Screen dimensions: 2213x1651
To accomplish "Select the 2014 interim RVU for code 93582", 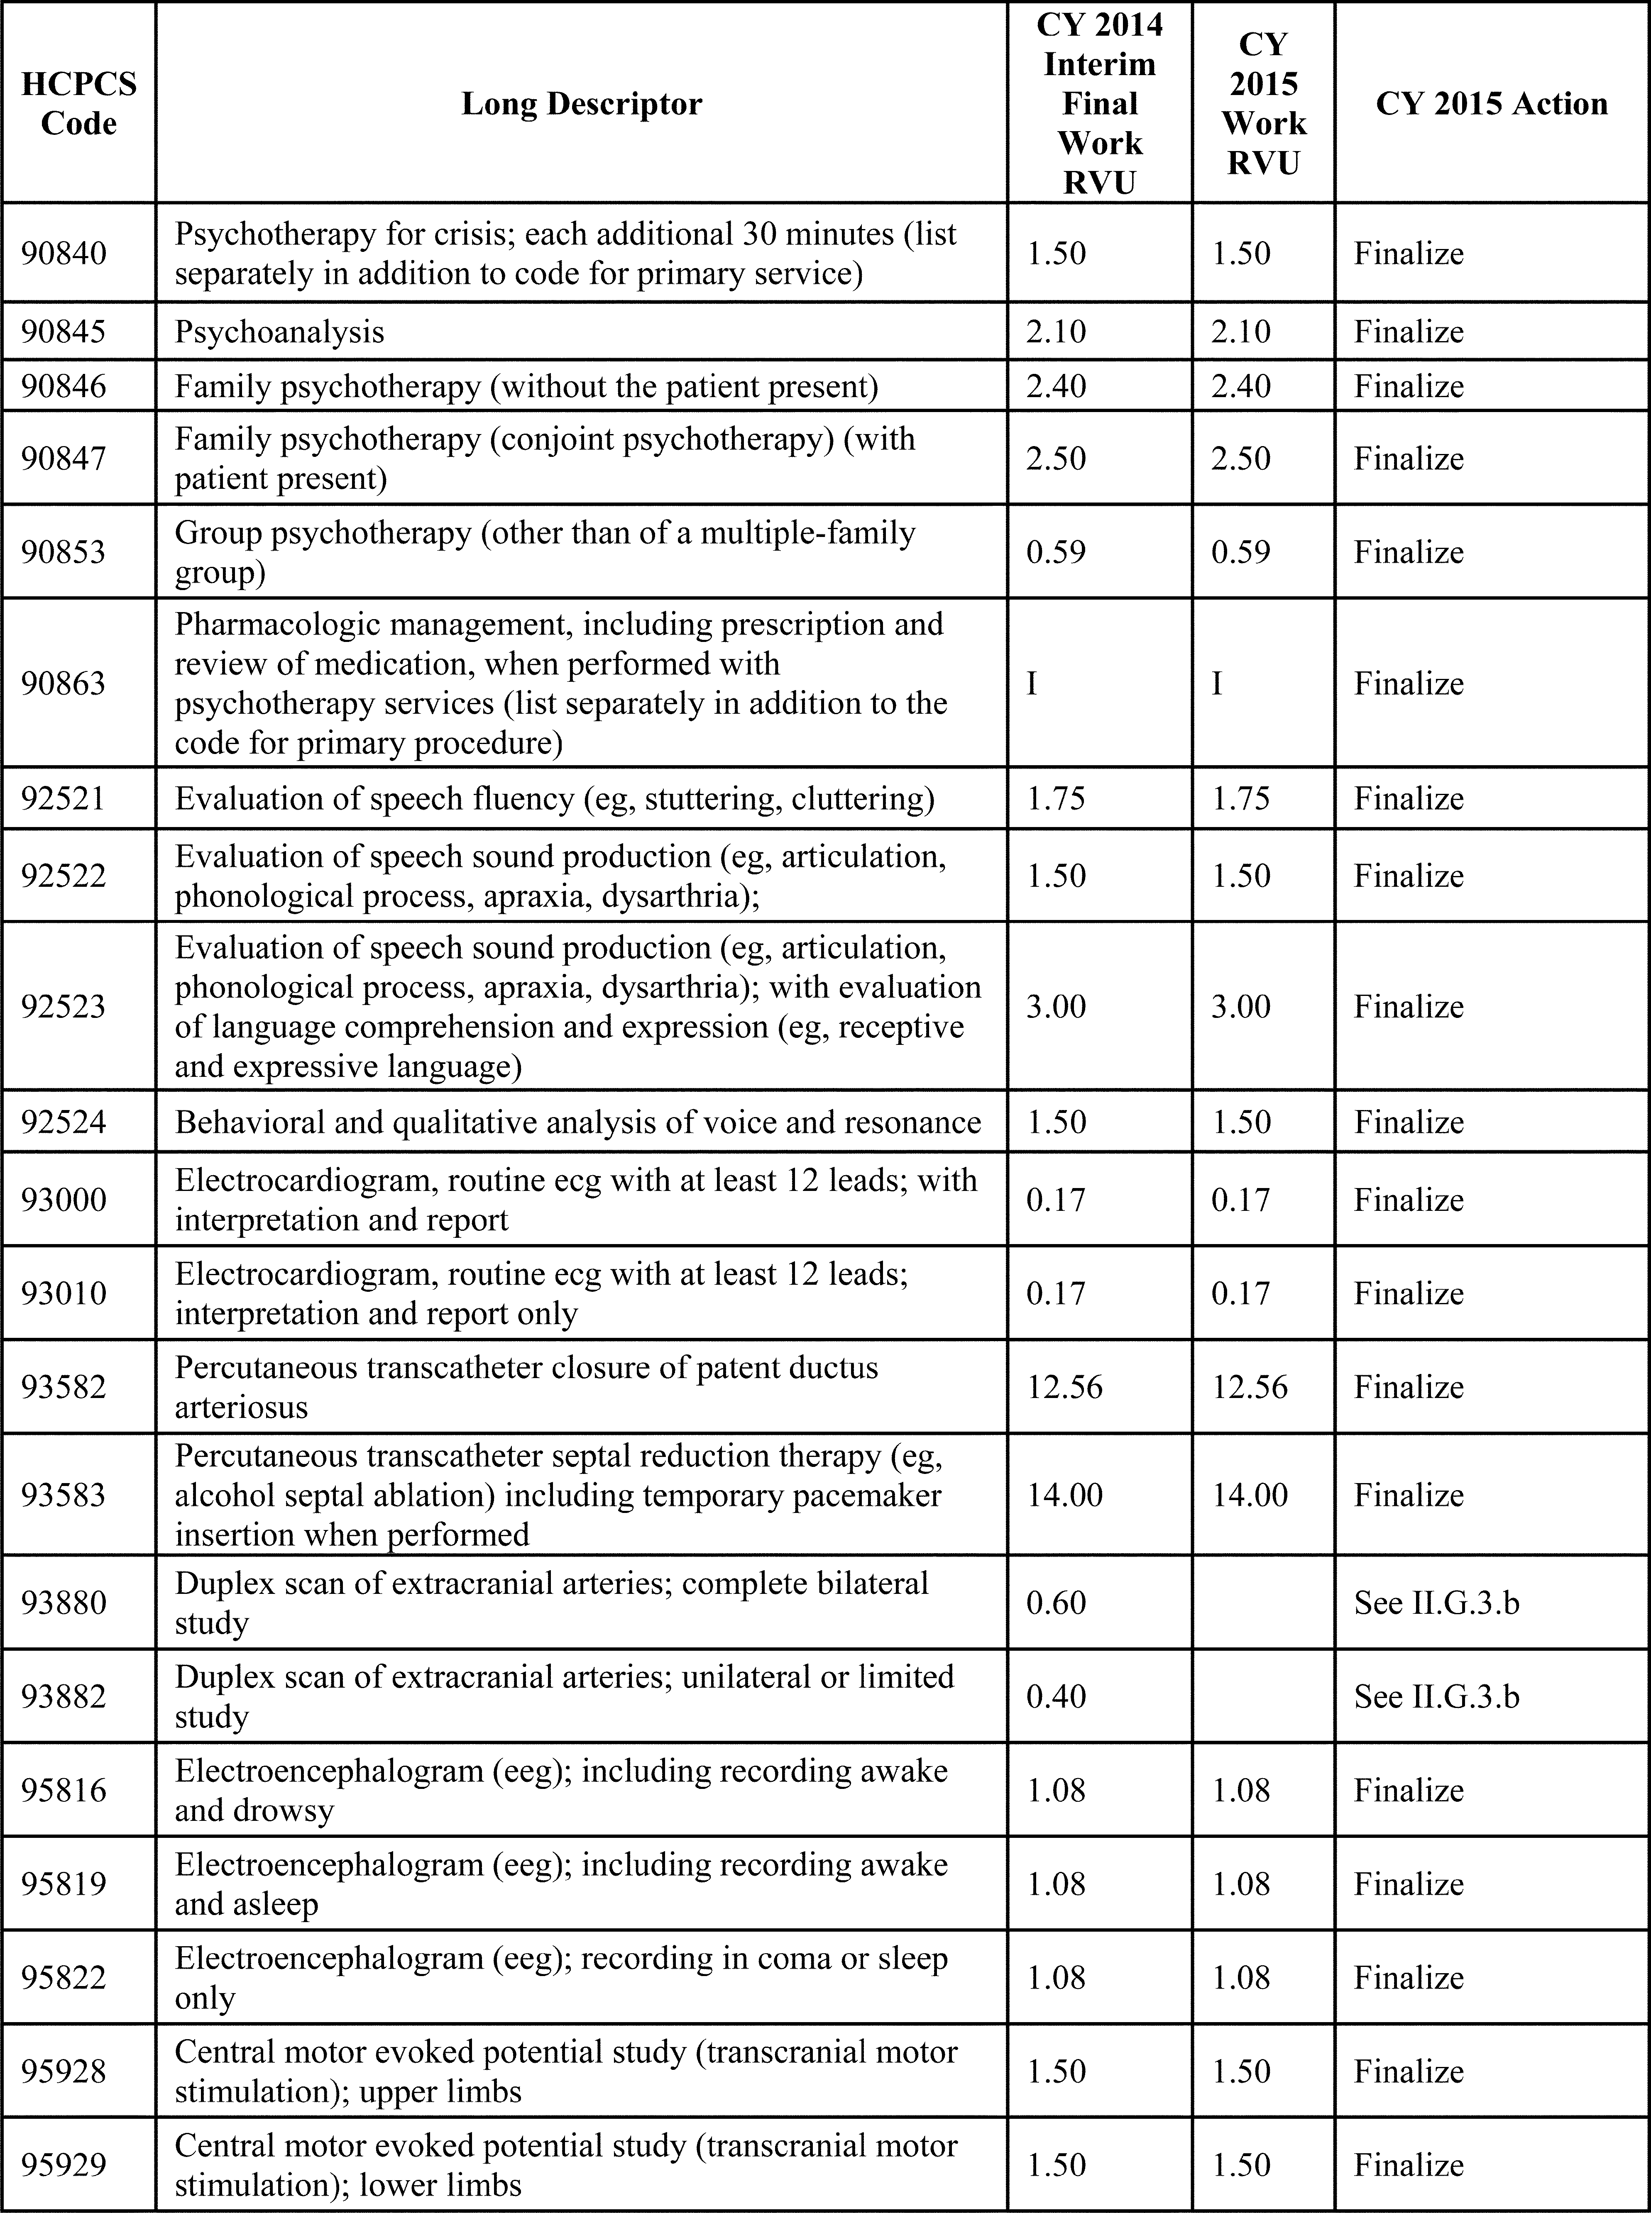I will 1064,1387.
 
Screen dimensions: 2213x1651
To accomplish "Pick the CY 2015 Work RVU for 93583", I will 1249,1495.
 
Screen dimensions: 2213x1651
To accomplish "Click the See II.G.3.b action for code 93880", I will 1436,1603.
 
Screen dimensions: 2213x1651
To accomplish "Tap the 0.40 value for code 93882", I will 1055,1696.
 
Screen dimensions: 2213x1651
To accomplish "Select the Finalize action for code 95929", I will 1408,2165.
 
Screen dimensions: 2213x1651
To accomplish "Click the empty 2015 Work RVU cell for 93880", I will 1263,1603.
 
